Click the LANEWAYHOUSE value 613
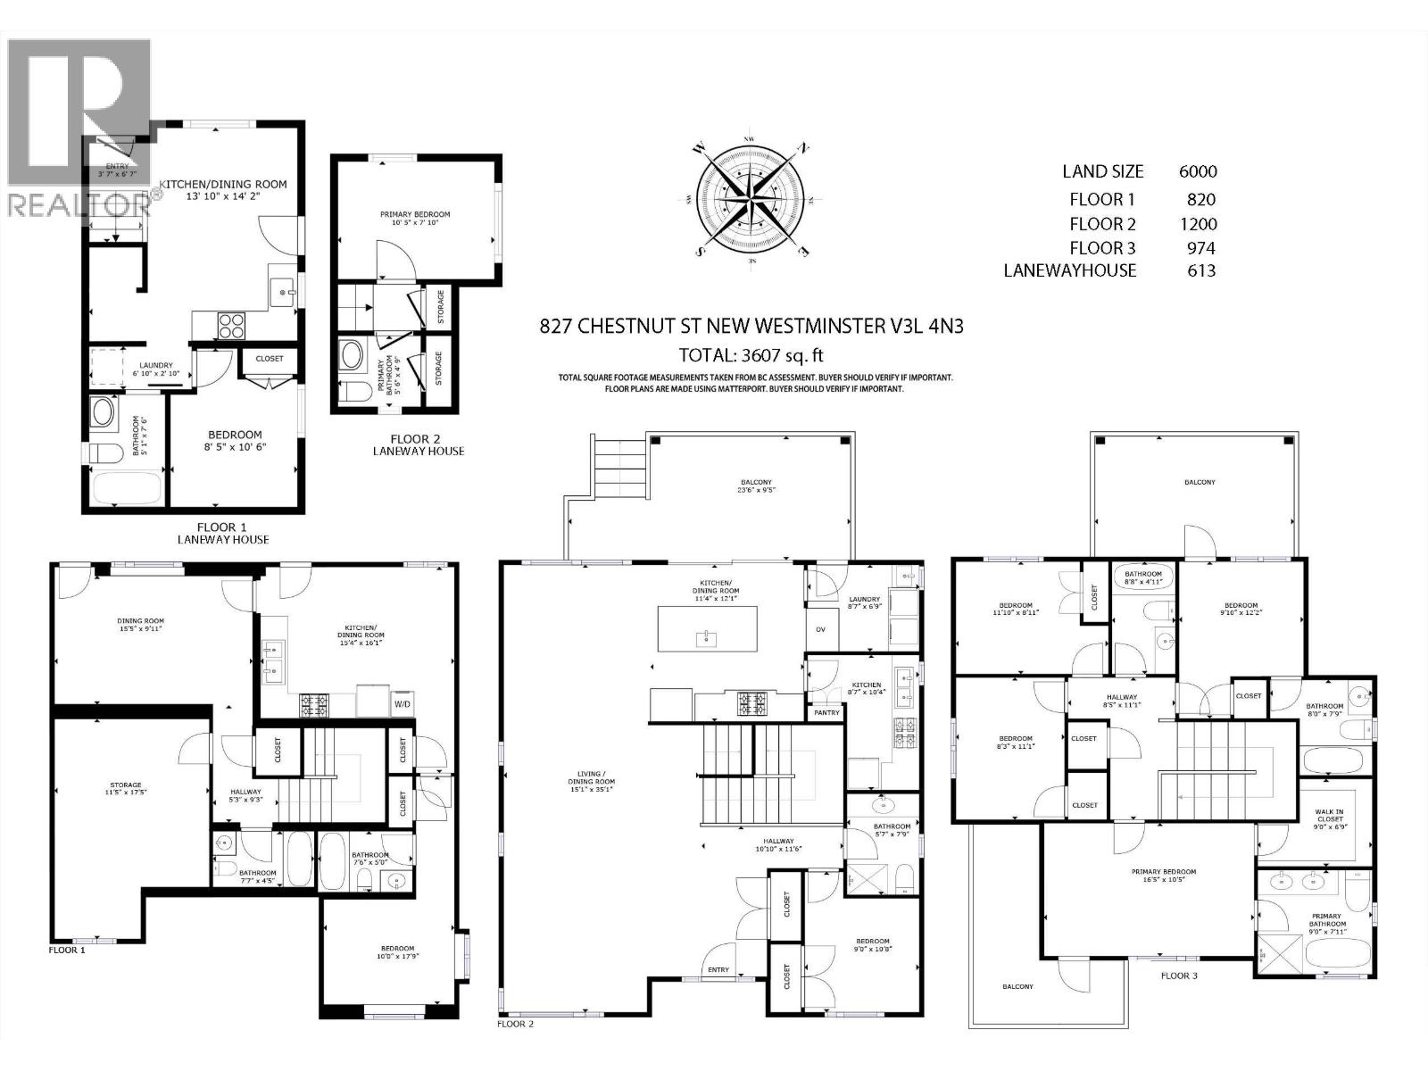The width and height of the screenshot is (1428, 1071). pyautogui.click(x=1201, y=270)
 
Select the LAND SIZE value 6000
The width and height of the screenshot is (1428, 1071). pyautogui.click(x=1198, y=171)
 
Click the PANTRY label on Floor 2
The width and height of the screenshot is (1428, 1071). pyautogui.click(x=826, y=712)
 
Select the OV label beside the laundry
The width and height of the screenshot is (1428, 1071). pyautogui.click(x=821, y=629)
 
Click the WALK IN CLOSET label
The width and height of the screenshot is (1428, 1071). pyautogui.click(x=1330, y=816)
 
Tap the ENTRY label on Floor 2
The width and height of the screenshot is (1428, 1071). pyautogui.click(x=718, y=970)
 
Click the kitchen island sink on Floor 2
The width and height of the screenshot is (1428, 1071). pyautogui.click(x=705, y=636)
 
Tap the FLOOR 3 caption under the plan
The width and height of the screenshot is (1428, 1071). pyautogui.click(x=1179, y=976)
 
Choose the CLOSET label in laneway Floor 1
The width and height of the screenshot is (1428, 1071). pyautogui.click(x=269, y=358)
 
